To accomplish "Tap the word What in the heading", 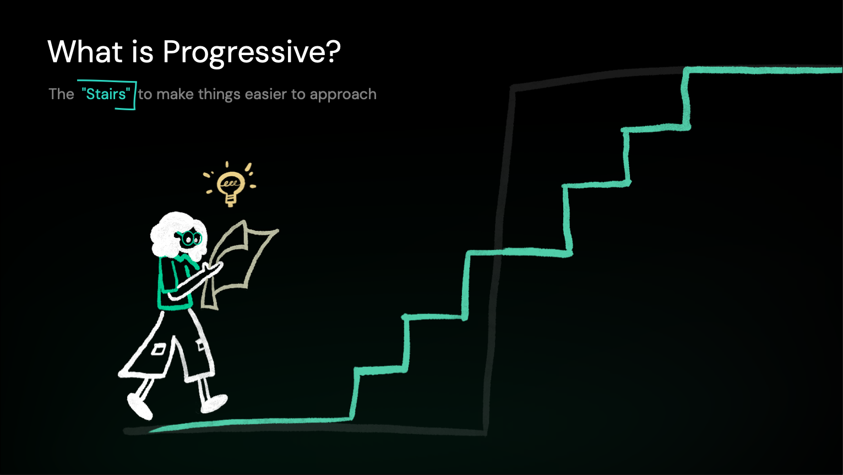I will tap(85, 52).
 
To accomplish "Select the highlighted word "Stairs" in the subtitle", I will tap(106, 94).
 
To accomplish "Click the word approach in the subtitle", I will tap(343, 95).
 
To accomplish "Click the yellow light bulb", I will tap(230, 186).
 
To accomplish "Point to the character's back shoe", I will tap(140, 407).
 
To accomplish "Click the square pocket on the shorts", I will tap(159, 349).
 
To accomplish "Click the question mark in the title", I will tap(332, 52).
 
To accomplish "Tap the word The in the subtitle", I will tap(61, 94).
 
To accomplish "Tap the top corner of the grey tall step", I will tap(513, 87).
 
